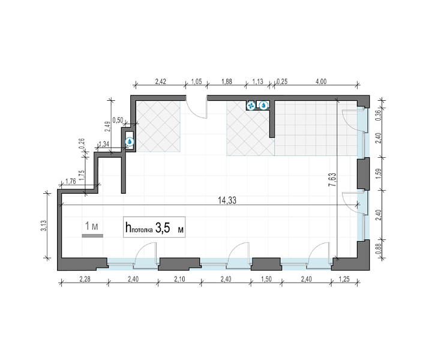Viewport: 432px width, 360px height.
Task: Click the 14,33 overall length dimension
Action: tap(227, 200)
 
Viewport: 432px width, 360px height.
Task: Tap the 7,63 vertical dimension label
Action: tap(332, 180)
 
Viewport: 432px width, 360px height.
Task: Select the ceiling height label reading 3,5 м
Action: tap(169, 228)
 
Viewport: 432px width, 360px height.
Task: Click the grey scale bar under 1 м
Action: tap(92, 236)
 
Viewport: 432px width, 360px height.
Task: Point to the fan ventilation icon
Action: tap(251, 106)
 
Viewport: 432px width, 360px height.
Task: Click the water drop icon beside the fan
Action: tap(264, 105)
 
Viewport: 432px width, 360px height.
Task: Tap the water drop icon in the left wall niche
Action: tap(130, 142)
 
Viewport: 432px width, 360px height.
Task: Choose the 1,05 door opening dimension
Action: tap(196, 82)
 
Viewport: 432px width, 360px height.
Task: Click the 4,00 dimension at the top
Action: tap(321, 82)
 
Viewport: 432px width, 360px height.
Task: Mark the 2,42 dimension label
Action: tap(161, 82)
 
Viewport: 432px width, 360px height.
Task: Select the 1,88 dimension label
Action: tap(227, 82)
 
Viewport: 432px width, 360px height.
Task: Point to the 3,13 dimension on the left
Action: tap(44, 226)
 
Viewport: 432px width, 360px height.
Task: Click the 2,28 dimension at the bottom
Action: tap(85, 279)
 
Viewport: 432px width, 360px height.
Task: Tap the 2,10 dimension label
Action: tap(179, 279)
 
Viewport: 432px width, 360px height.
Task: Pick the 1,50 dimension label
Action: tap(266, 279)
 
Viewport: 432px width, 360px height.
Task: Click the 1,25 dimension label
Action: tap(344, 279)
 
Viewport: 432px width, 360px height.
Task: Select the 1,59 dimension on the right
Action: tap(379, 174)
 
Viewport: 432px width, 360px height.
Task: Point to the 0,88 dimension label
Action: tap(379, 249)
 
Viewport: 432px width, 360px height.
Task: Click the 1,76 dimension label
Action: tap(71, 181)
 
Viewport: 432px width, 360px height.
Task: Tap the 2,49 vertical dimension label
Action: tap(109, 127)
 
